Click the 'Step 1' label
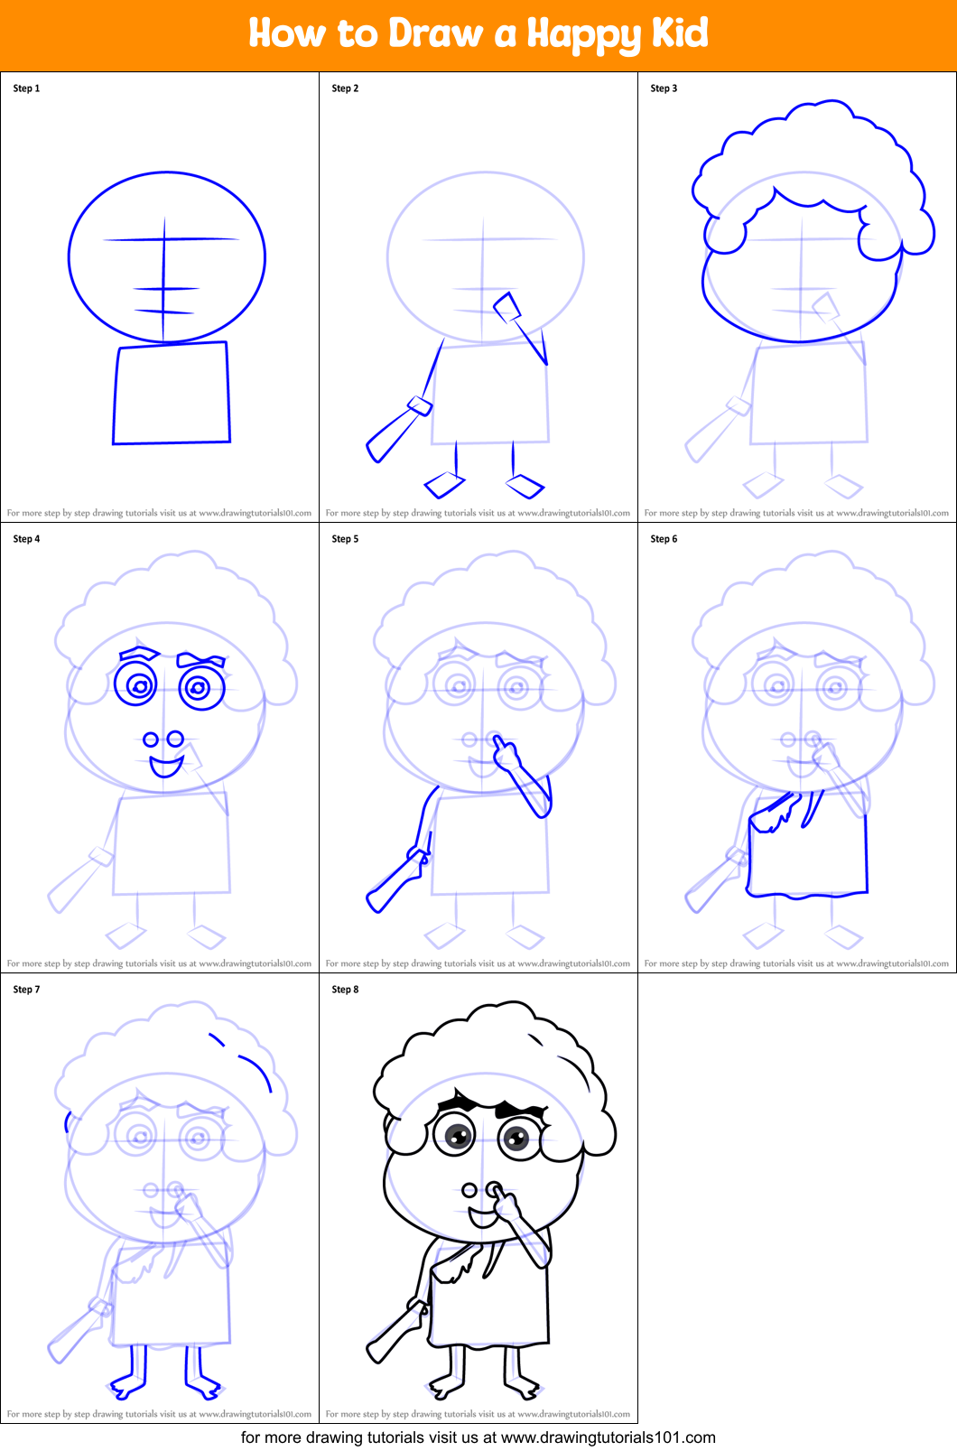(26, 88)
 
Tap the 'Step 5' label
(345, 539)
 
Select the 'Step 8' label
(345, 990)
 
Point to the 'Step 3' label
(664, 88)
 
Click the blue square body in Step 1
(172, 394)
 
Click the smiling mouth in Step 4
(166, 767)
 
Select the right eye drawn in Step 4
(200, 688)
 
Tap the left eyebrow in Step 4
(139, 651)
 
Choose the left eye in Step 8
(455, 1135)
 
